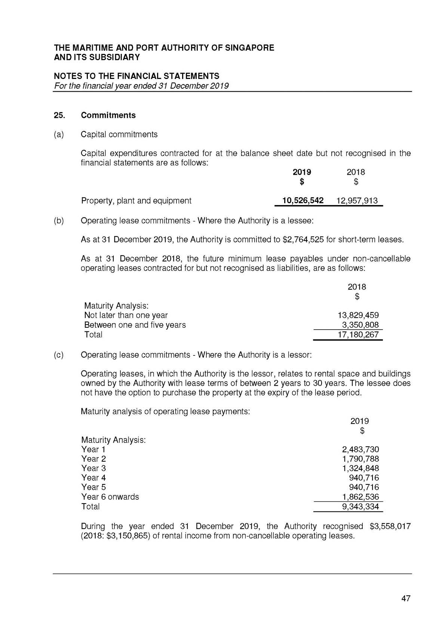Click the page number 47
[406, 598]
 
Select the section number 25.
[59, 115]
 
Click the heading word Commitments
[108, 115]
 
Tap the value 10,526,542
[303, 201]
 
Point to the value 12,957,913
[357, 201]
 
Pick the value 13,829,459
[358, 315]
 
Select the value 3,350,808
[360, 325]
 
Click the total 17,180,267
[358, 334]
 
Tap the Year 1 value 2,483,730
[360, 449]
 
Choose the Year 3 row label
[93, 468]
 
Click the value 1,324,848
[360, 468]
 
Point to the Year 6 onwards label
[110, 497]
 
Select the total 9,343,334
[360, 507]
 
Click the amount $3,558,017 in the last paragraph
[390, 526]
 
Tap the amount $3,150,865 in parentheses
[126, 536]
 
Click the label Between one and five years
[135, 325]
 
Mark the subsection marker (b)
[59, 221]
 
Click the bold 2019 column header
[301, 172]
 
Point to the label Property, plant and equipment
[136, 201]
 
